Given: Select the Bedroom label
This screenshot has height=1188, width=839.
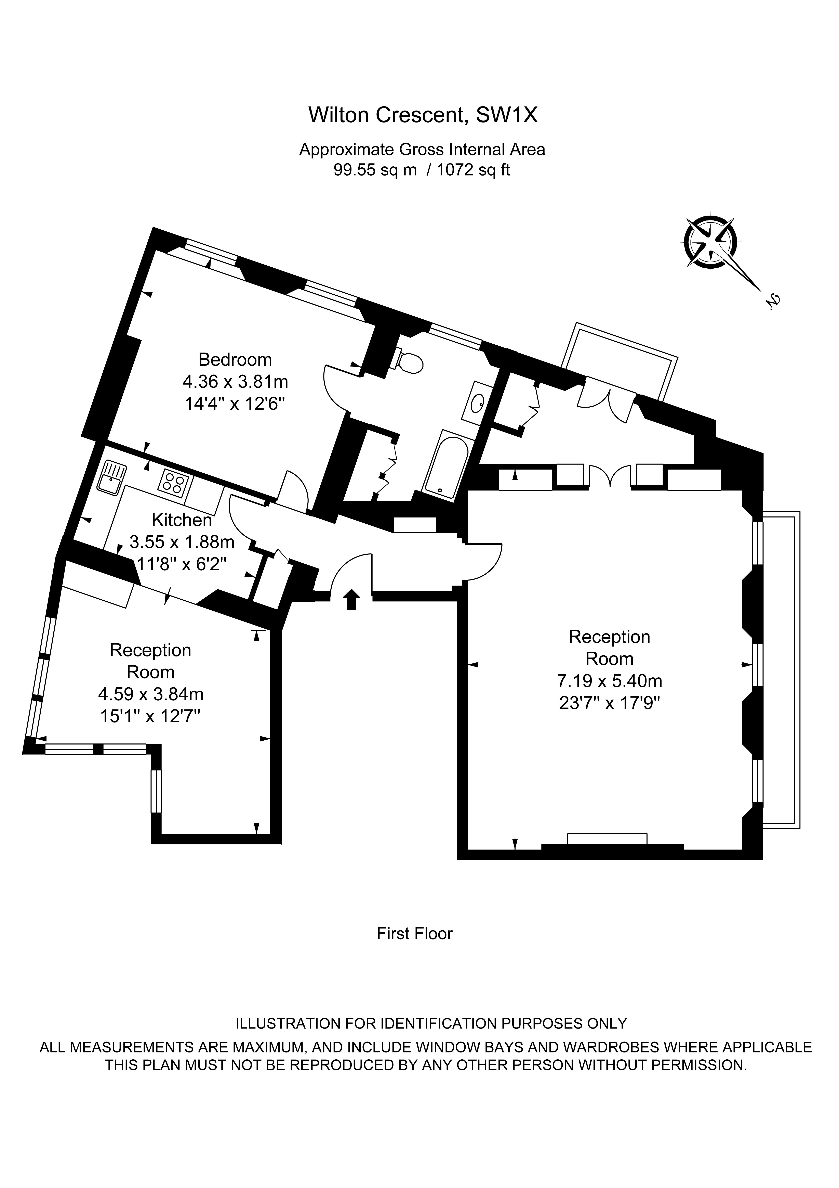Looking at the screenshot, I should coord(235,359).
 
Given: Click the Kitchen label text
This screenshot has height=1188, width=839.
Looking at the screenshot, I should coord(182,520).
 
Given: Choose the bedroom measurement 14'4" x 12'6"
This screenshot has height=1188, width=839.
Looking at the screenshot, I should coord(235,404).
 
